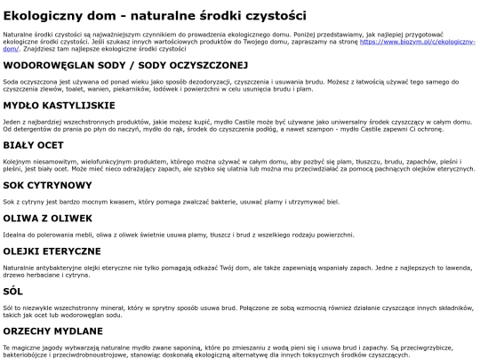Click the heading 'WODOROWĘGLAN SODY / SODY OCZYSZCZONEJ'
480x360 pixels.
124,65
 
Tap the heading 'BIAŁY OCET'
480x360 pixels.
36,145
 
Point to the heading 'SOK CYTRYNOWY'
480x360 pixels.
48,185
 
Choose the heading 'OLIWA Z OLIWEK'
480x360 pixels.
48,218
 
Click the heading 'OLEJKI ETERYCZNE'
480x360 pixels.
55,251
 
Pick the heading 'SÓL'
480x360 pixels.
13,291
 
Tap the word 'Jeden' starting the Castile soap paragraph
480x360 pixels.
12,121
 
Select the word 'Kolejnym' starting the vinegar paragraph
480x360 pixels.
18,161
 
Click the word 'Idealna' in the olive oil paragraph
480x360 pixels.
15,234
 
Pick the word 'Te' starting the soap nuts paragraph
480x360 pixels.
7,347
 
